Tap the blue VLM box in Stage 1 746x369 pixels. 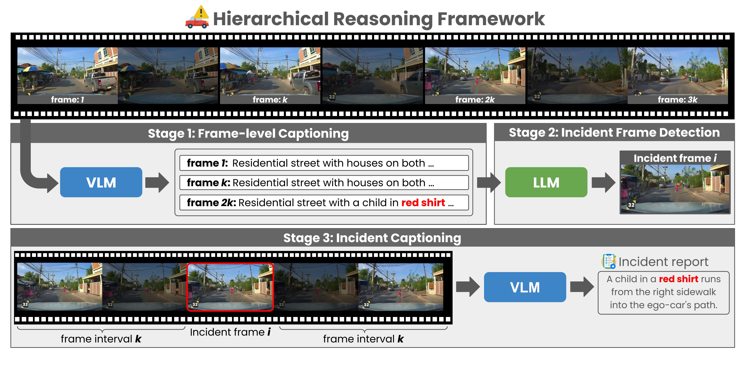[x=101, y=182]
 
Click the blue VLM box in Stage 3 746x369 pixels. [x=525, y=287]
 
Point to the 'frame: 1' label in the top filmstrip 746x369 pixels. [x=67, y=100]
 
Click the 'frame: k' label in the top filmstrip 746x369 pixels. [x=270, y=100]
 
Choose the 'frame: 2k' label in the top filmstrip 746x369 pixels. [x=475, y=100]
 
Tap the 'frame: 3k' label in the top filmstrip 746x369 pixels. [x=678, y=100]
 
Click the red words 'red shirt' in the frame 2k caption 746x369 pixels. [x=423, y=202]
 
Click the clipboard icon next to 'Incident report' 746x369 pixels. [x=609, y=261]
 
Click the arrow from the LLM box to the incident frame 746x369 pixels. [x=603, y=182]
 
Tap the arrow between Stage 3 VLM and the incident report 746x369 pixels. [x=582, y=287]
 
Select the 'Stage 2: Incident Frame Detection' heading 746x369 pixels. [x=614, y=132]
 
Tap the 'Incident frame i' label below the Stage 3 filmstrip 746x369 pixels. [x=230, y=332]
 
